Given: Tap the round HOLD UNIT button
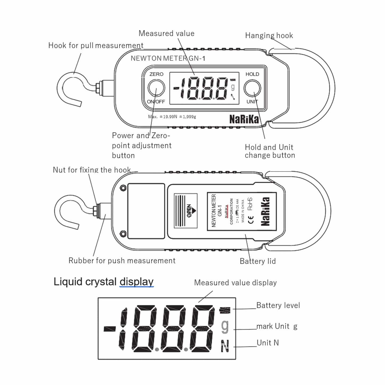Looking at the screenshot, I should pos(252,88).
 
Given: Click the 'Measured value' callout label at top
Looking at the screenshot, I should pos(167,34).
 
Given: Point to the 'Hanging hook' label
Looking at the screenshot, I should pos(269,35).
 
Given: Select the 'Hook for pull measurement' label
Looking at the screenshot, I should pos(96,46).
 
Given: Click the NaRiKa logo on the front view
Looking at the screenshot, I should pos(244,119).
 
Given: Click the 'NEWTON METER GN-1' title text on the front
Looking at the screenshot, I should pos(168,58).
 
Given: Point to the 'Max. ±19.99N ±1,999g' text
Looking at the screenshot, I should pos(172,117).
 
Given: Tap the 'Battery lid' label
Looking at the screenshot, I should pos(258,261).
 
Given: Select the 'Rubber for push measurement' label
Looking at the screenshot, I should pos(122,261).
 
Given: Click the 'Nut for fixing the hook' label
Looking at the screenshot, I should pos(92,170).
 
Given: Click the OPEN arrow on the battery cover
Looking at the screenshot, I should pos(191,211).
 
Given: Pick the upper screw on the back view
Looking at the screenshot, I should pos(123,188).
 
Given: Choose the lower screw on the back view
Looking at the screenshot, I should pos(123,234).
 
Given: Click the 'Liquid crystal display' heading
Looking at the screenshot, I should pos(104,282).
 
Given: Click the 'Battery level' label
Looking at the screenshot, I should pos(278,305).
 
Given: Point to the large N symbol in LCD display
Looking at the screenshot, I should pos(225,346).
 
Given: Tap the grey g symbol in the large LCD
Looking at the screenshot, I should pos(225,326).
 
